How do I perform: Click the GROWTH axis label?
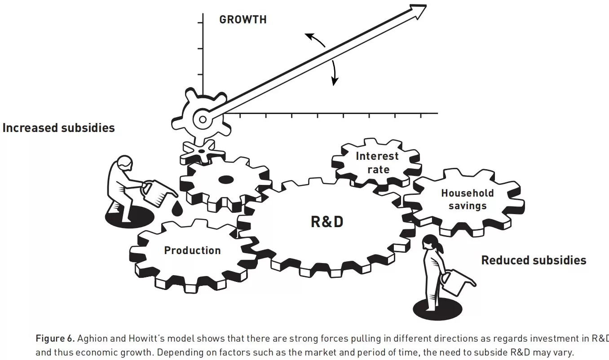(x=243, y=20)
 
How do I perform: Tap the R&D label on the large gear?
(x=327, y=222)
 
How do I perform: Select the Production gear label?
(x=192, y=250)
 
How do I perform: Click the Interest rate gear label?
(x=377, y=163)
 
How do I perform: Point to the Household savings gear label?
(x=467, y=199)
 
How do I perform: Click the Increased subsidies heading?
(x=58, y=128)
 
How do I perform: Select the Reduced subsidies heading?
(x=534, y=260)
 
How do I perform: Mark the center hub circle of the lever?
(x=203, y=119)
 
